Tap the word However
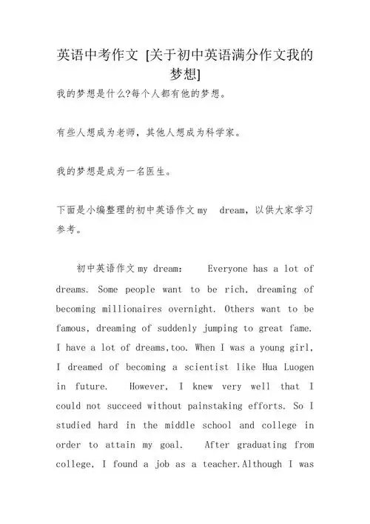pyautogui.click(x=151, y=386)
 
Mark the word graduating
pyautogui.click(x=252, y=445)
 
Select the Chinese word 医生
pyautogui.click(x=155, y=172)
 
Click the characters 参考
pyautogui.click(x=72, y=229)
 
